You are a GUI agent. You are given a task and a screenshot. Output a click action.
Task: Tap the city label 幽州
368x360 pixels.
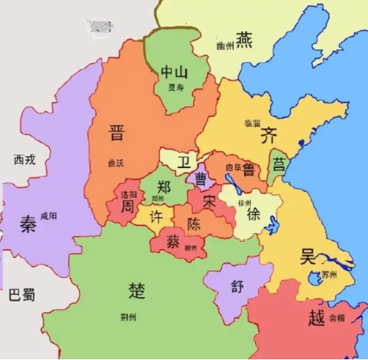tap(224, 46)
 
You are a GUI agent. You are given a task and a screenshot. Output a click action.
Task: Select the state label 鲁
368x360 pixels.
tap(249, 168)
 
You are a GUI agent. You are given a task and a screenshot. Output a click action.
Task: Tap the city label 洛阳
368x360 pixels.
tap(128, 195)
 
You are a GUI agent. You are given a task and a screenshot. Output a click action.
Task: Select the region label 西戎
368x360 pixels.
tap(24, 159)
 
